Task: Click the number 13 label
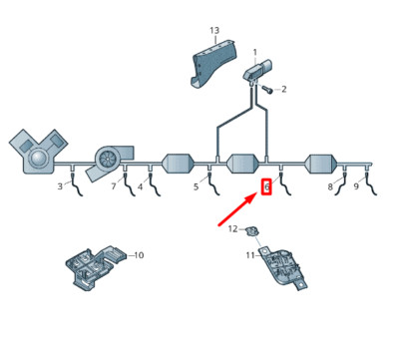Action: (214, 31)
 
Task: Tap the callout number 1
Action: (255, 52)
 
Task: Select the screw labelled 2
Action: (267, 89)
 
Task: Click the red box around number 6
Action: (266, 186)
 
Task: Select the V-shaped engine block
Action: (38, 151)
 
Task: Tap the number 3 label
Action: (60, 186)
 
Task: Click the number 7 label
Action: (114, 186)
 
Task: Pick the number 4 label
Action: (141, 187)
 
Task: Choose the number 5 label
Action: (197, 186)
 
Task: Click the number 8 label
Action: (330, 186)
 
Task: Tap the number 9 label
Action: (356, 186)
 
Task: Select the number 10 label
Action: (139, 255)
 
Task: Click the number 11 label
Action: (250, 255)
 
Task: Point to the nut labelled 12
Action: (252, 230)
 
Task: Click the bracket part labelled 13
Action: (211, 63)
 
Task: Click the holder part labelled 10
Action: (96, 267)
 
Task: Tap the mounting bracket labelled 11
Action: (283, 268)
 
